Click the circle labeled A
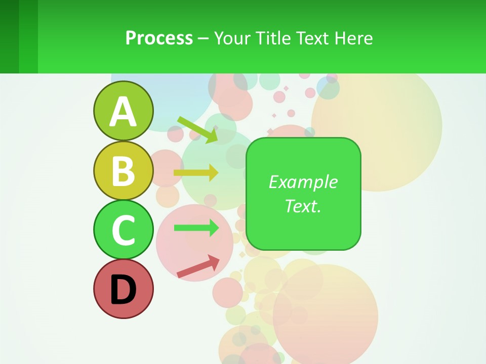pyautogui.click(x=123, y=111)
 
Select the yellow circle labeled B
pyautogui.click(x=123, y=170)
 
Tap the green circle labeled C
pyautogui.click(x=123, y=230)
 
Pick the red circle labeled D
pyautogui.click(x=123, y=289)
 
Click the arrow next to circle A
pyautogui.click(x=197, y=129)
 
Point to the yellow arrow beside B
pyautogui.click(x=196, y=173)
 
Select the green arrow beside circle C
pyautogui.click(x=196, y=227)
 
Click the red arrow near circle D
pyautogui.click(x=198, y=266)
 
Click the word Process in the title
pyautogui.click(x=159, y=38)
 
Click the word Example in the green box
pyautogui.click(x=303, y=182)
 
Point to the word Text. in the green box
pyautogui.click(x=303, y=206)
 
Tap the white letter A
pyautogui.click(x=123, y=112)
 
